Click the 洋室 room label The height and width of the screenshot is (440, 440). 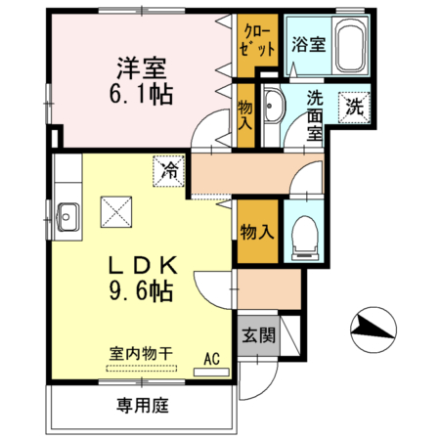coord(142,69)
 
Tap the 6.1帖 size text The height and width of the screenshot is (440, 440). coord(142,95)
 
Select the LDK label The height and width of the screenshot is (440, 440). coord(143,265)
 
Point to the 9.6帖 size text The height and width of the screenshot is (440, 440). coord(143,290)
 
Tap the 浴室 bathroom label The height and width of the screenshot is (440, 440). coord(308,43)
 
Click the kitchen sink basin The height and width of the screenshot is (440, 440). coord(69,211)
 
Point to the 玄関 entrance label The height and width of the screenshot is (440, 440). coord(258,335)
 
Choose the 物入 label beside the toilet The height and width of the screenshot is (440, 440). coord(257,233)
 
